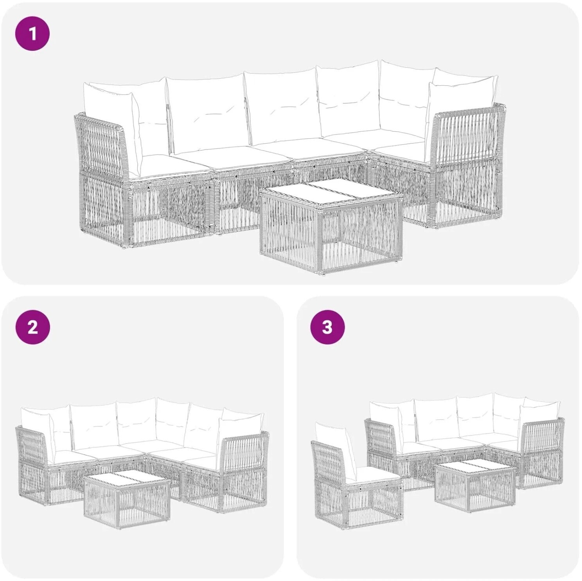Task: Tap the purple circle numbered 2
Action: click(x=32, y=327)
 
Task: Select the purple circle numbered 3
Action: click(x=327, y=327)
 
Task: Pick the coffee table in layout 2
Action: click(x=127, y=497)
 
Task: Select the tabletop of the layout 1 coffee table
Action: click(x=332, y=193)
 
